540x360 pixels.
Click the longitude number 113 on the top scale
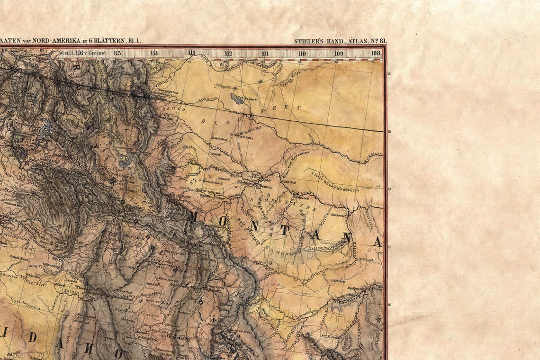coord(191,53)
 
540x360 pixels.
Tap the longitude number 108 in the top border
coord(376,53)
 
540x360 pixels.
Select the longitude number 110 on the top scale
coord(302,53)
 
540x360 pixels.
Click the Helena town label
coord(196,244)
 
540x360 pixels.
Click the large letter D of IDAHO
coord(32,337)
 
